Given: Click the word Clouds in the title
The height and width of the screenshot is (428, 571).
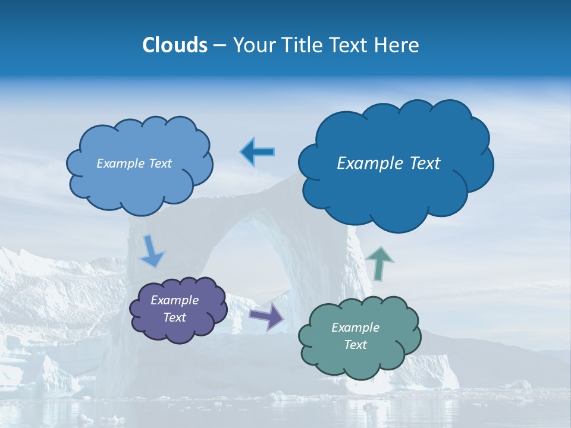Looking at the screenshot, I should pos(174,45).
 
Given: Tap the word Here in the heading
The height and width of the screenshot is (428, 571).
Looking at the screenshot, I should pos(397,45).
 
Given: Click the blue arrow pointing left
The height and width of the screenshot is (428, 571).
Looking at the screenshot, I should pos(258,152).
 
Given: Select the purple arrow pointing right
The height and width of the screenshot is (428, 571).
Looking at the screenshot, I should pos(266,316).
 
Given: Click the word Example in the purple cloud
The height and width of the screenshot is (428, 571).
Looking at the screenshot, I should pos(174,300).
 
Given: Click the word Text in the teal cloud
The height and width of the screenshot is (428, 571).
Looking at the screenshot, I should pos(355,345).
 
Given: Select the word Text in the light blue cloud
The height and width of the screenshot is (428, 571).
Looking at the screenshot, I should pos(159,163).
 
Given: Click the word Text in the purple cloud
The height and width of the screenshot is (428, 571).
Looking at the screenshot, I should pos(174,317).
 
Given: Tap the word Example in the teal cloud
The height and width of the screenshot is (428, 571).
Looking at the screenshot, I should pos(355,328).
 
